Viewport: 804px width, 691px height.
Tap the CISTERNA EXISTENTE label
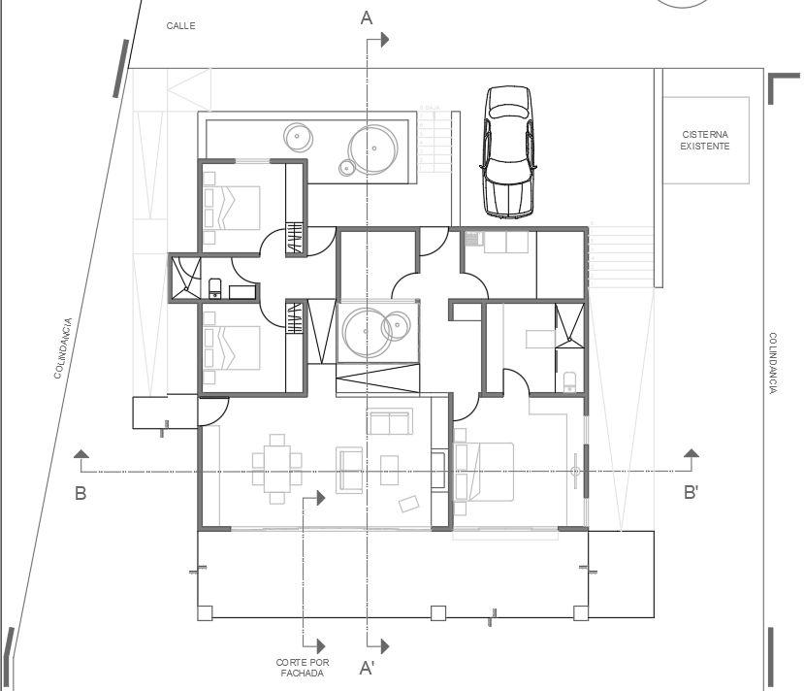pos(705,141)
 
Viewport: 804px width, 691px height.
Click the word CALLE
pos(180,26)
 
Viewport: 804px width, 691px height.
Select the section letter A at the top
pos(367,17)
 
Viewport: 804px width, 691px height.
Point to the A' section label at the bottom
pos(368,668)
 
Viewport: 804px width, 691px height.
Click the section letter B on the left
pos(80,493)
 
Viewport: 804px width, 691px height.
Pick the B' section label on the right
pos(691,493)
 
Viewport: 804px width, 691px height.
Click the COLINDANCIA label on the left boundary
pos(62,347)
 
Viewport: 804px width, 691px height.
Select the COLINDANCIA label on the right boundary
pos(773,363)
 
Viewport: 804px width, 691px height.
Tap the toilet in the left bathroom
pos(215,286)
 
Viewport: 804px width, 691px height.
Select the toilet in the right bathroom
pos(569,381)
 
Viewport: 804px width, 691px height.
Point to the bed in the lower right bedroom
pos(483,471)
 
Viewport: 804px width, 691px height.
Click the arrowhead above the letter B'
pos(691,453)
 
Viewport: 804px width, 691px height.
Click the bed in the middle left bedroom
pos(233,347)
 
